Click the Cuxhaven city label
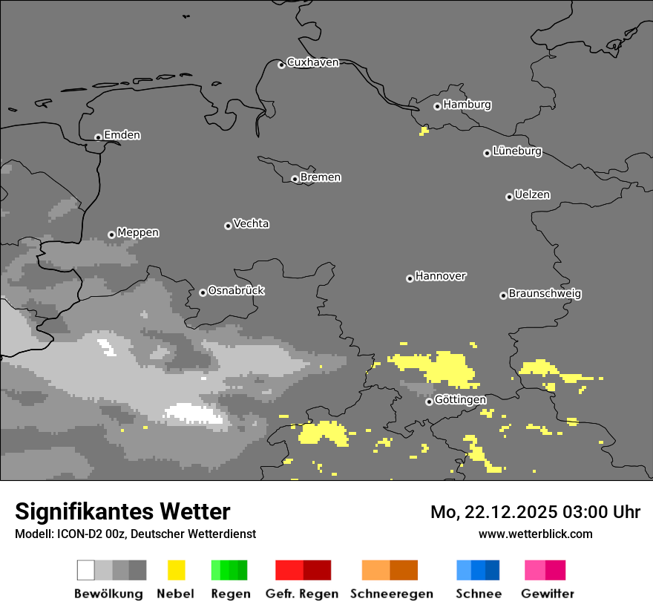pyautogui.click(x=312, y=62)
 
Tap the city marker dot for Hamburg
pyautogui.click(x=437, y=106)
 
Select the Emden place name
pyautogui.click(x=122, y=135)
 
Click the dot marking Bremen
pyautogui.click(x=295, y=179)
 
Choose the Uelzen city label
pyautogui.click(x=532, y=195)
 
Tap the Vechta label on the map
pyautogui.click(x=251, y=223)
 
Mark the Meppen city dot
pyautogui.click(x=111, y=235)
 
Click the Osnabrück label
pyautogui.click(x=236, y=291)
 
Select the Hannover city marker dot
pyautogui.click(x=410, y=278)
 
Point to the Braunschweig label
pyautogui.click(x=545, y=294)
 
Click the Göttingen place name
pyautogui.click(x=460, y=400)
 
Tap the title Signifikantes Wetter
pyautogui.click(x=122, y=511)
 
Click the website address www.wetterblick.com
pyautogui.click(x=535, y=534)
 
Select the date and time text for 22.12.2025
pyautogui.click(x=535, y=512)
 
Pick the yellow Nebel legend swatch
pyautogui.click(x=176, y=570)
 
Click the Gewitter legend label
pyautogui.click(x=547, y=594)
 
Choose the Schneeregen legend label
pyautogui.click(x=392, y=594)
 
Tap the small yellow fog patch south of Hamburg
pyautogui.click(x=424, y=131)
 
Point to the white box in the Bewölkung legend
pyautogui.click(x=86, y=570)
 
